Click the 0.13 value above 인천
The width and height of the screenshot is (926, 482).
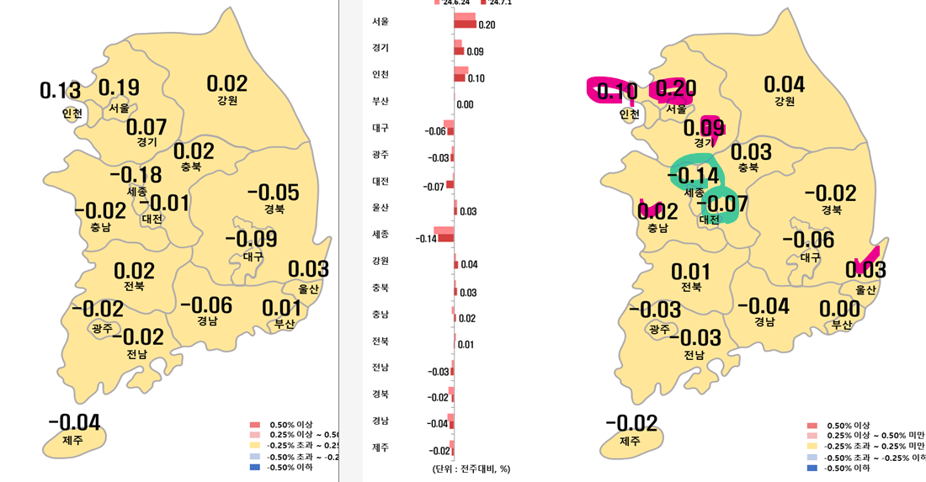coord(60,91)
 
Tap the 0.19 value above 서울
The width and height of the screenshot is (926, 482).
coord(119,87)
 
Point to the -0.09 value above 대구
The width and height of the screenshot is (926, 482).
coord(251,239)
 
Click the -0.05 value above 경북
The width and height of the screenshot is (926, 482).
coord(273,193)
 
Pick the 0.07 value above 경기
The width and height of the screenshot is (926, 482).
coord(146,127)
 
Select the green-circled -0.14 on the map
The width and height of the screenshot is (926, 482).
coord(694,176)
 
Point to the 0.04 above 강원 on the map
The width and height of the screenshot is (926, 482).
coord(784,84)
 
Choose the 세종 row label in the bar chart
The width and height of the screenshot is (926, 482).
coord(380,233)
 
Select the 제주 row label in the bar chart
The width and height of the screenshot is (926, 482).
coord(380,447)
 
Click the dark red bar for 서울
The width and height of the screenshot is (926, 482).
coord(466,24)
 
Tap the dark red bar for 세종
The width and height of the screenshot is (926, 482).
coord(445,239)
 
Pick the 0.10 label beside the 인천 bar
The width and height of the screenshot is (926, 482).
coord(476,78)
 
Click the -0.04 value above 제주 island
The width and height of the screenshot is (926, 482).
coord(74,422)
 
